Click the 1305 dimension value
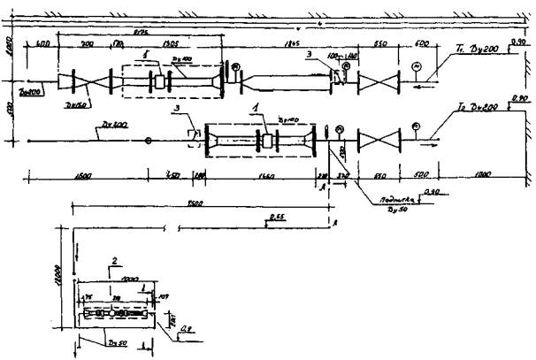click(x=173, y=43)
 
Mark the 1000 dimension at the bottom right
click(x=483, y=174)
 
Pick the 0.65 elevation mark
click(x=277, y=214)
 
